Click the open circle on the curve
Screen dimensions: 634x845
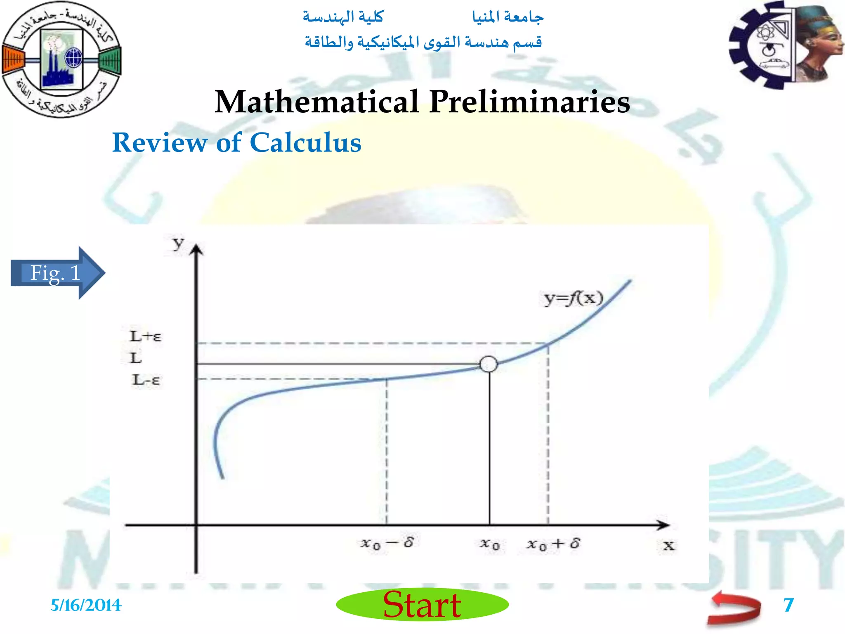point(489,364)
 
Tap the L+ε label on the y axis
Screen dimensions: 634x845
point(146,336)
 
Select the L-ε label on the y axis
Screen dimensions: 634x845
point(146,380)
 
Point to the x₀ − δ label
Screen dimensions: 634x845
point(387,543)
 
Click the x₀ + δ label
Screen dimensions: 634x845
point(553,544)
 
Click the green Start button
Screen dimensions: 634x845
point(422,605)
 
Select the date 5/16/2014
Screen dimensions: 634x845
point(86,605)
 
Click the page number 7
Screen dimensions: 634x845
point(788,605)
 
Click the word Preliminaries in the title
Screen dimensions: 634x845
point(529,102)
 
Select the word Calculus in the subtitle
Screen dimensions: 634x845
point(305,143)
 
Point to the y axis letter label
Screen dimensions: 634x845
point(178,244)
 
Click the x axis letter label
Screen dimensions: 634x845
point(669,546)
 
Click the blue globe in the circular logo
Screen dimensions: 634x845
point(74,57)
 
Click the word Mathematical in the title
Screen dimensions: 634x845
point(317,102)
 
